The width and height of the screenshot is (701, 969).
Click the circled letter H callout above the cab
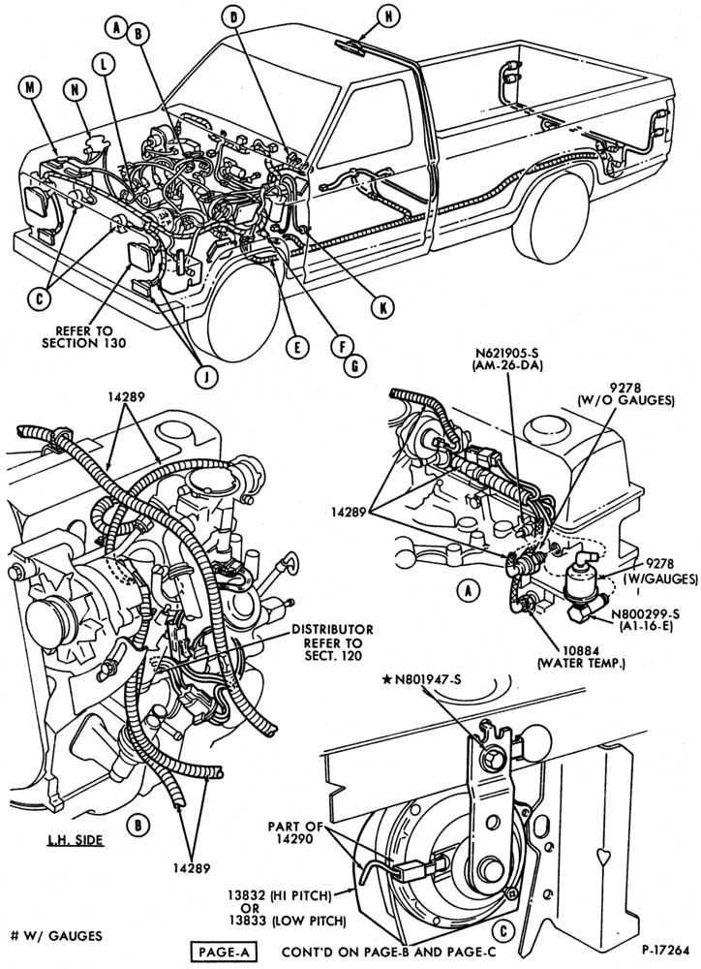pyautogui.click(x=388, y=16)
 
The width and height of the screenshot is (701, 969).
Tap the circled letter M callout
pyautogui.click(x=29, y=88)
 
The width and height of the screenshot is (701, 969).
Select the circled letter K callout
pyautogui.click(x=382, y=306)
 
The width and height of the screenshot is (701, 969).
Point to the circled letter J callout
pyautogui.click(x=207, y=375)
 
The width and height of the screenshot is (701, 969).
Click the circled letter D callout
pyautogui.click(x=233, y=17)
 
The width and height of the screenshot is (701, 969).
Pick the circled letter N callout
pyautogui.click(x=75, y=90)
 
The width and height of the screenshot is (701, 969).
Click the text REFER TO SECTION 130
pyautogui.click(x=83, y=336)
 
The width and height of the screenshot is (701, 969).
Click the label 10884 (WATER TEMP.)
pyautogui.click(x=581, y=658)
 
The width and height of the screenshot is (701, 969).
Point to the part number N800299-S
pyautogui.click(x=645, y=613)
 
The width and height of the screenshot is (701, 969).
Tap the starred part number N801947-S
pyautogui.click(x=421, y=680)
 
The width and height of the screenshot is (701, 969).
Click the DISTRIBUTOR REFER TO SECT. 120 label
pyautogui.click(x=332, y=642)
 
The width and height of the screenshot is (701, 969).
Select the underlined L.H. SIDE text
pyautogui.click(x=76, y=840)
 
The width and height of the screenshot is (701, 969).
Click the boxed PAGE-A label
pyautogui.click(x=223, y=953)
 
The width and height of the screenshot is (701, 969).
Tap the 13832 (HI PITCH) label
pyautogui.click(x=279, y=894)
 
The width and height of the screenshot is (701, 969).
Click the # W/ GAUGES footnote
pyautogui.click(x=56, y=936)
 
